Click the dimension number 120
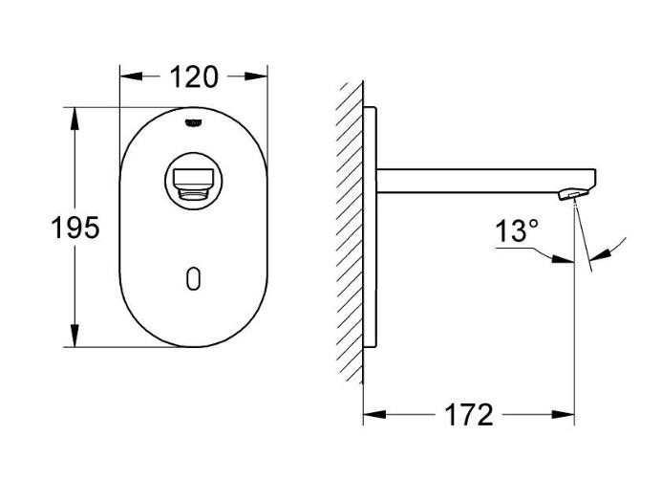193,76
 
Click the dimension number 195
74,229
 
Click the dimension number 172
469,415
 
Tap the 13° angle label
517,231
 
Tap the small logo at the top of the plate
193,122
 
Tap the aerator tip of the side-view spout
569,194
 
